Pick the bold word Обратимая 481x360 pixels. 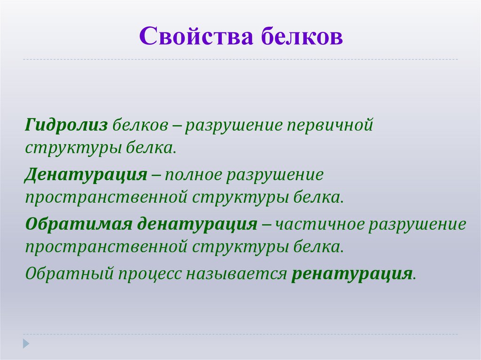[x=78, y=224]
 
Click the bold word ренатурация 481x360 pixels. [x=352, y=273]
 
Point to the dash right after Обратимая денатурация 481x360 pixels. [x=266, y=224]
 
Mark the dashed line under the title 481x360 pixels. [x=240, y=60]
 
